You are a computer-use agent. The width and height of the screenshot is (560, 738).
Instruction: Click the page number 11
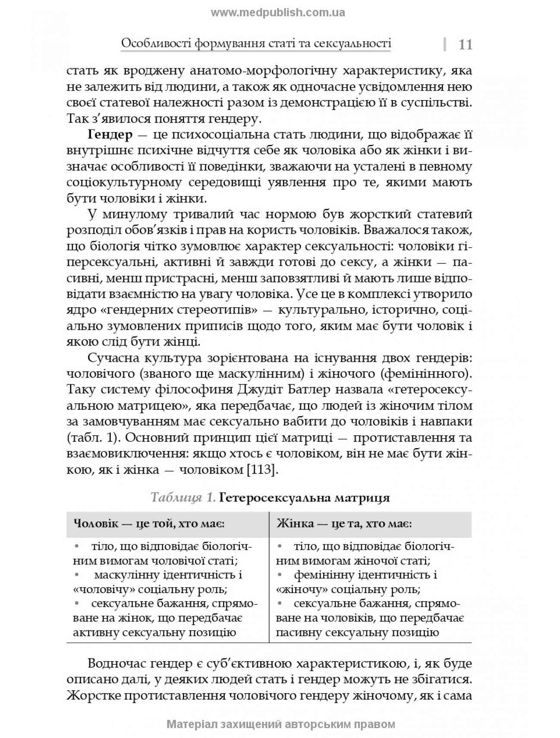click(465, 44)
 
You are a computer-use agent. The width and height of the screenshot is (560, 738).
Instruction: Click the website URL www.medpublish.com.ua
click(278, 13)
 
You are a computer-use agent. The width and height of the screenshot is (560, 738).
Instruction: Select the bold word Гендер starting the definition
click(110, 135)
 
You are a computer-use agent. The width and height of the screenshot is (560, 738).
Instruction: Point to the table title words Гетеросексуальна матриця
click(305, 498)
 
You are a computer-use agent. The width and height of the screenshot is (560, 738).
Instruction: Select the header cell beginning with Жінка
click(344, 524)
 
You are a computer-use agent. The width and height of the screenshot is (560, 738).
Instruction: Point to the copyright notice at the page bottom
click(280, 724)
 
